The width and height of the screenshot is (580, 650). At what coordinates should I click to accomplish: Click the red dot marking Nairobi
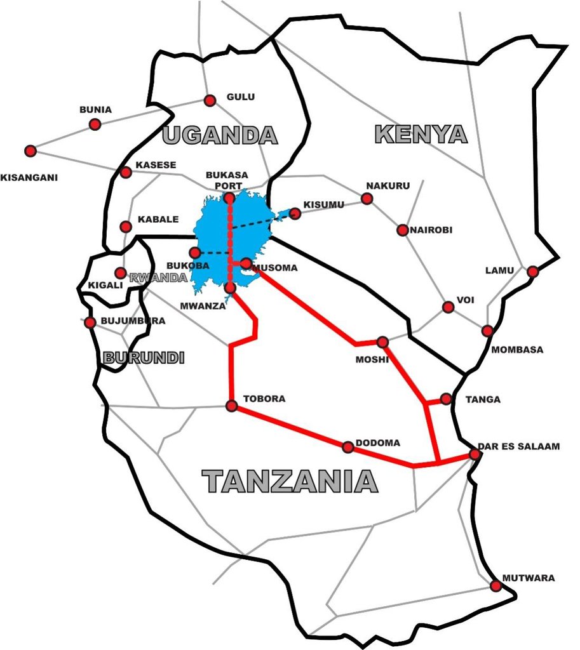pos(402,230)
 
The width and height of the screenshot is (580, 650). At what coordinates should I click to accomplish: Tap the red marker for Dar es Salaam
pos(475,454)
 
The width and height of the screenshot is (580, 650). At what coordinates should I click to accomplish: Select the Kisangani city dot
pos(30,151)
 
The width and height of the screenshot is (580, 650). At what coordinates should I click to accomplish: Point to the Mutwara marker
pos(496,586)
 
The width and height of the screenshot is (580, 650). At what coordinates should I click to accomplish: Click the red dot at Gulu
pos(210,100)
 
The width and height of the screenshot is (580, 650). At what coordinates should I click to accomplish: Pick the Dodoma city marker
pos(348,448)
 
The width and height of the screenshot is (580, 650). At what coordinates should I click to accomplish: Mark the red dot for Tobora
pos(232,406)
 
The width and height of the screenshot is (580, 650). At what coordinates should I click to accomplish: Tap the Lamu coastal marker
pos(533,272)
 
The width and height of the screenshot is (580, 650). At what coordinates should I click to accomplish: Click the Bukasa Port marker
pos(230,199)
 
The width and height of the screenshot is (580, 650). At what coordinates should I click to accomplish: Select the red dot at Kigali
pos(119,273)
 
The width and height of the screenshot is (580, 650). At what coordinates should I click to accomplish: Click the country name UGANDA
pos(220,135)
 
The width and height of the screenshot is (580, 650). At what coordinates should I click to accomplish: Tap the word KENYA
pos(421,135)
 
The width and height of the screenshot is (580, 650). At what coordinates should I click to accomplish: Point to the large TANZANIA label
pos(290,482)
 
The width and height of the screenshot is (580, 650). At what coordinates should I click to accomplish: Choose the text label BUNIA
pos(95,109)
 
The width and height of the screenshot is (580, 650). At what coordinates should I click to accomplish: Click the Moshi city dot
pos(382,342)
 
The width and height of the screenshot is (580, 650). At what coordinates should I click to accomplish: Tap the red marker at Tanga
pos(446,399)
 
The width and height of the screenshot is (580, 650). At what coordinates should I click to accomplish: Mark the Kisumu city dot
pos(295,213)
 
